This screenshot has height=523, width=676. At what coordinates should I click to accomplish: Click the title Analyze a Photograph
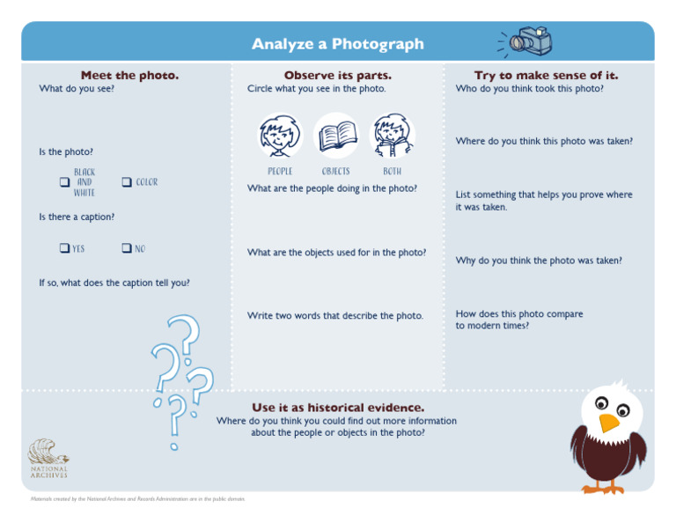(337, 44)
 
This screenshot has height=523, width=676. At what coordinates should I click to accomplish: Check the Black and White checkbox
(64, 182)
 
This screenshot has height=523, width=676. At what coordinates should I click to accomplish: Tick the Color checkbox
(126, 182)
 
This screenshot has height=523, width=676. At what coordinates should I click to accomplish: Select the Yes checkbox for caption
(64, 248)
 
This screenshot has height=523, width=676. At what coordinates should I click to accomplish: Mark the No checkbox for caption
(126, 248)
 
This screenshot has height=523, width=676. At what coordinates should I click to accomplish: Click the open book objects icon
(336, 135)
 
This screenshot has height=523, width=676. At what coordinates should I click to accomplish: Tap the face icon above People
(280, 135)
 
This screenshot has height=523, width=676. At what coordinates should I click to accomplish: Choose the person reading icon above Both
(392, 135)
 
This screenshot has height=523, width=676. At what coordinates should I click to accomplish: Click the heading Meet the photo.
(129, 76)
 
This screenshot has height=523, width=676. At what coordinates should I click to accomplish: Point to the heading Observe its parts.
(337, 76)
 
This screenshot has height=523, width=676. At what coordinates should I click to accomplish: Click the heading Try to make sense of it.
(546, 76)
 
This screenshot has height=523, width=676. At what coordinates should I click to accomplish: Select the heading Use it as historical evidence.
(337, 408)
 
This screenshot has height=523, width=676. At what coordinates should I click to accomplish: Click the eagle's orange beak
(608, 423)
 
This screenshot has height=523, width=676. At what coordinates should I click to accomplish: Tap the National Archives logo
(47, 458)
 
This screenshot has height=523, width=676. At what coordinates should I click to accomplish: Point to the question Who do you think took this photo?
(529, 89)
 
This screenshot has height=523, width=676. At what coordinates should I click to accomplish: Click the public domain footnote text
(137, 499)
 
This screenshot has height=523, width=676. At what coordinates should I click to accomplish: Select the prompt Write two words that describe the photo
(334, 315)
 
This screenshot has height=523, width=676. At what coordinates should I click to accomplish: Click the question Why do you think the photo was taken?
(539, 261)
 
